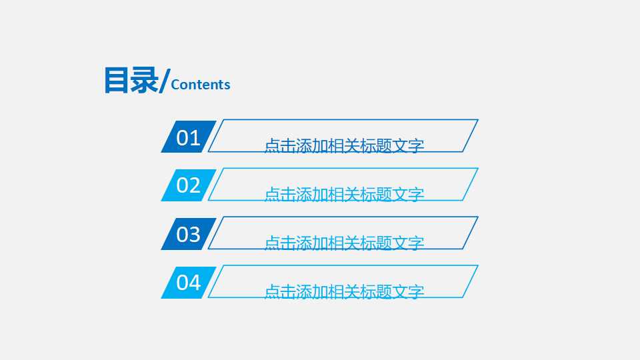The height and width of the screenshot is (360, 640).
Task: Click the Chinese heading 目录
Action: point(131,80)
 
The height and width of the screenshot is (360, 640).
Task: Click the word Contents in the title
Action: point(201,85)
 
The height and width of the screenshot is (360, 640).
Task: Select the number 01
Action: point(188,138)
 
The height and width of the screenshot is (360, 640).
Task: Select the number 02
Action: point(188,185)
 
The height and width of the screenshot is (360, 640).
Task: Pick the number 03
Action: point(188,234)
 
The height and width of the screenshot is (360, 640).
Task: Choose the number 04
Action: point(188,283)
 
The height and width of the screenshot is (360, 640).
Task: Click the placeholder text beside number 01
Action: point(344,146)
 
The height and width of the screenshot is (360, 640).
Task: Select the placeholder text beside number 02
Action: point(344,195)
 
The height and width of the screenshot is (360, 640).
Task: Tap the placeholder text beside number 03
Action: point(344,243)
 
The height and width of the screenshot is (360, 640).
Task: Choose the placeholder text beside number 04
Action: point(344,292)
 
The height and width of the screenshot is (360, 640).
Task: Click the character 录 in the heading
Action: point(145,80)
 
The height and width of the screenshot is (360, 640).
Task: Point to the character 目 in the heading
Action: point(117,80)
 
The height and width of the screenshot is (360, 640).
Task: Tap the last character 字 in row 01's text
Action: point(417,146)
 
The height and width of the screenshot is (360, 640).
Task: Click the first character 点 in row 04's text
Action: point(272,292)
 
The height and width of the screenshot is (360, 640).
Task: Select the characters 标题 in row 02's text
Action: point(376,195)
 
